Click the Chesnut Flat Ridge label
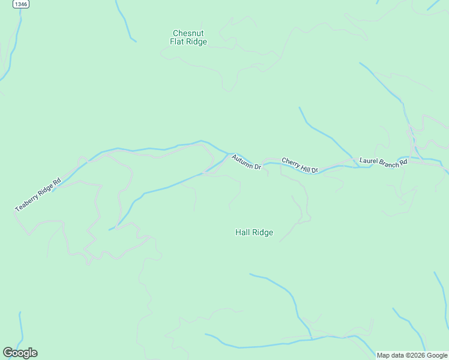click(188, 37)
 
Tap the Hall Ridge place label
click(254, 232)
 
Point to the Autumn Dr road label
click(246, 162)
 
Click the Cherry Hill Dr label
click(300, 166)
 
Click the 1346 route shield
click(21, 4)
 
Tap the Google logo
click(20, 353)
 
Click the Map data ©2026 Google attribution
click(412, 355)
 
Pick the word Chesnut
click(188, 33)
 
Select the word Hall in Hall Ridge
click(243, 232)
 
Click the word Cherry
click(291, 163)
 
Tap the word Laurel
click(367, 161)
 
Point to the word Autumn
click(243, 160)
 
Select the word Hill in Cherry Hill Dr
click(305, 167)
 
